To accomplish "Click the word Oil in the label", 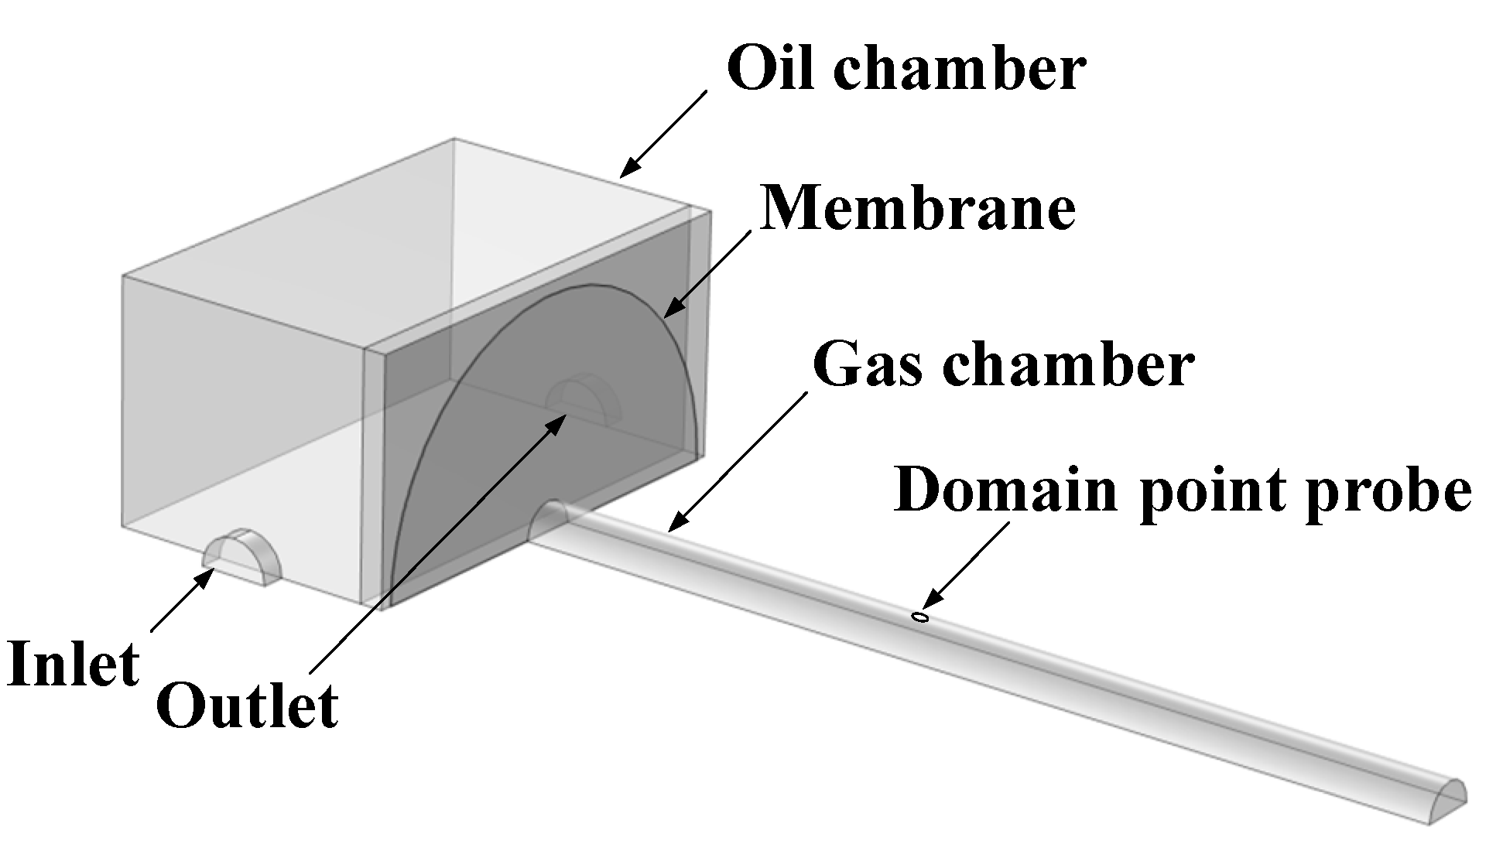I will click(x=769, y=68).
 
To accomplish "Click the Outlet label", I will click(x=247, y=705).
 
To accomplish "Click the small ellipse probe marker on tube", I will click(x=919, y=617).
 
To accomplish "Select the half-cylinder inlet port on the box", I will click(x=243, y=557).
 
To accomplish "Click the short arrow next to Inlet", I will click(x=183, y=600).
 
